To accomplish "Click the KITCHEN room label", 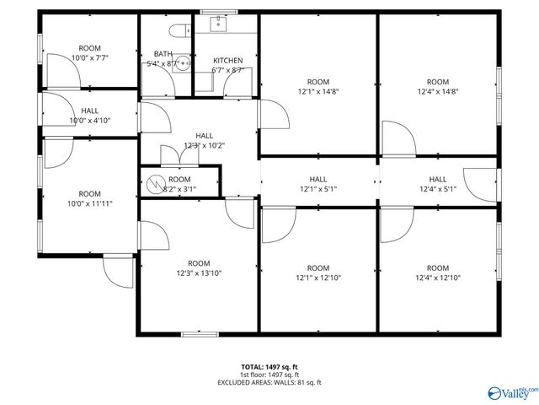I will pyautogui.click(x=227, y=61).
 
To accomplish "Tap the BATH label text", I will pyautogui.click(x=163, y=54).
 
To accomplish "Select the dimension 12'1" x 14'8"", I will pyautogui.click(x=318, y=93).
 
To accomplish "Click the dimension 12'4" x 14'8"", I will pyautogui.click(x=438, y=93).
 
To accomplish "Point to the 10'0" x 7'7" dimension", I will pyautogui.click(x=90, y=58).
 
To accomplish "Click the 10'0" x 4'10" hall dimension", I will pyautogui.click(x=90, y=121).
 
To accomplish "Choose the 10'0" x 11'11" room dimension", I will pyautogui.click(x=90, y=203).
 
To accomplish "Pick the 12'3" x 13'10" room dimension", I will pyautogui.click(x=199, y=273).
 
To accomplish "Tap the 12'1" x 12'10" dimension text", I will pyautogui.click(x=318, y=278).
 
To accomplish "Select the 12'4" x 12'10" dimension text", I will pyautogui.click(x=438, y=278).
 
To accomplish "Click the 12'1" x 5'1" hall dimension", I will pyautogui.click(x=318, y=189).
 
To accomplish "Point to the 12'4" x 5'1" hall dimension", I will pyautogui.click(x=438, y=189).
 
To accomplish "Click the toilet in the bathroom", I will pyautogui.click(x=178, y=32).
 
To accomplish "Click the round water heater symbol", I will pyautogui.click(x=155, y=183).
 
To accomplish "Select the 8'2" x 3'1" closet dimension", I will pyautogui.click(x=179, y=190).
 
